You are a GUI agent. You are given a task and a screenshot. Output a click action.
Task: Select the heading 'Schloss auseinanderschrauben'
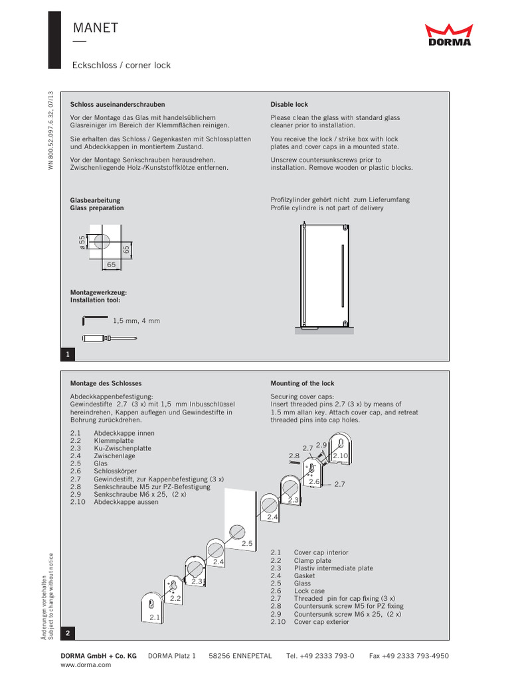coord(118,105)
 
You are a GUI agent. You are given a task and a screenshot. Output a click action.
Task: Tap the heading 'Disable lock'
coord(289,105)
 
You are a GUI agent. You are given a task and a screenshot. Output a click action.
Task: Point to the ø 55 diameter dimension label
coord(83,242)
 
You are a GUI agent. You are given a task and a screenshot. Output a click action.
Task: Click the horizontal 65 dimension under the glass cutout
coord(111,264)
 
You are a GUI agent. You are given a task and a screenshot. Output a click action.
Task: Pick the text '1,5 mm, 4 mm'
coord(136,321)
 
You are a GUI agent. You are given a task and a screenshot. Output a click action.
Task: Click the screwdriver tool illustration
coord(109,338)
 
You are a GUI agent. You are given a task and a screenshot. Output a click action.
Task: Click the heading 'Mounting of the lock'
coord(302,383)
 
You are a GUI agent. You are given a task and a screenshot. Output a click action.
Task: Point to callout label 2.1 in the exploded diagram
coord(155,617)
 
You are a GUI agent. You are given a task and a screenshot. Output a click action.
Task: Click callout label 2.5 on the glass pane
coord(248,544)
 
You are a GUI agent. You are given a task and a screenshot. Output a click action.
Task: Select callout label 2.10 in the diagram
coord(340,456)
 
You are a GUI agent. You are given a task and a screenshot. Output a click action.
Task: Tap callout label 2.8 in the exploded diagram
coord(294,456)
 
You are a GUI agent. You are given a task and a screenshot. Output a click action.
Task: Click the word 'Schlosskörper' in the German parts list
coord(116,471)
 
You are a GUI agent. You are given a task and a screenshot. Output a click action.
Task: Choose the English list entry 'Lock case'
coord(309,591)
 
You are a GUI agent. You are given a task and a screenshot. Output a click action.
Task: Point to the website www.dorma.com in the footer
coord(86,664)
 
